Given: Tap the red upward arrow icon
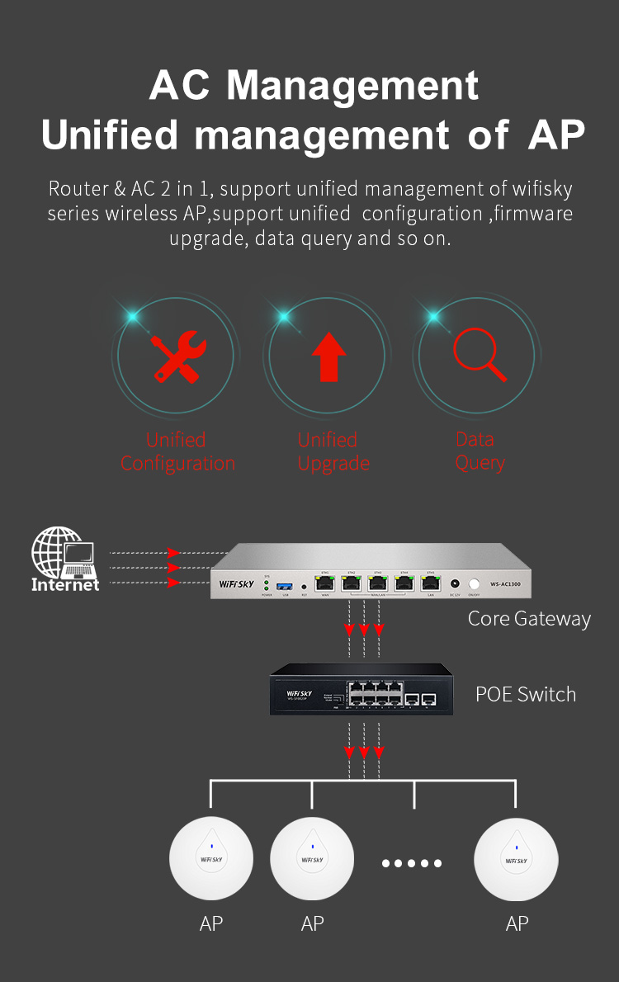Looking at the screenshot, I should click(x=328, y=357).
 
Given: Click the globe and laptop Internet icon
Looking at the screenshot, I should click(x=64, y=559).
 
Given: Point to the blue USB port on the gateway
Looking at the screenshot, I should click(x=286, y=584).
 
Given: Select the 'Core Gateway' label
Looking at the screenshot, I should click(x=529, y=618).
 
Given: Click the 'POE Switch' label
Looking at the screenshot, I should click(x=526, y=694).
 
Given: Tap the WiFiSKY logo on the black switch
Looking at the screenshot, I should click(x=301, y=694).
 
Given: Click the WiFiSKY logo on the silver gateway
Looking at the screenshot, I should click(x=237, y=583).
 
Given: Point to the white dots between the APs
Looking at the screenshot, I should click(x=412, y=863).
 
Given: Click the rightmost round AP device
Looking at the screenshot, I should click(x=516, y=859).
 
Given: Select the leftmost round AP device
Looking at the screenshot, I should click(x=211, y=859).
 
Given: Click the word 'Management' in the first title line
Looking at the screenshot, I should click(x=352, y=86).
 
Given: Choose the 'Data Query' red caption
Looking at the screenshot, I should click(x=479, y=451).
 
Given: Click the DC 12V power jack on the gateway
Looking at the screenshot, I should click(x=455, y=583).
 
